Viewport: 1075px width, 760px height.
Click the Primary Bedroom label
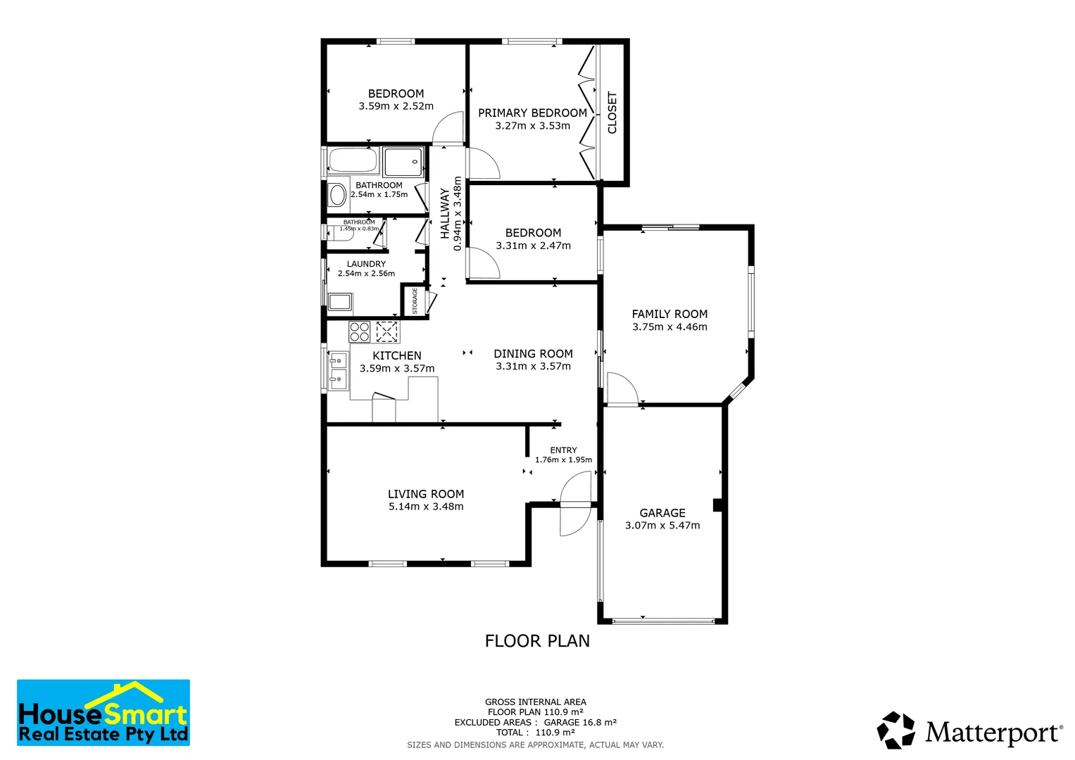532,113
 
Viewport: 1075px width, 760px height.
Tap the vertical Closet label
612,113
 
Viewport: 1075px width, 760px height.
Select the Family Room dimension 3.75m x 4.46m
669,327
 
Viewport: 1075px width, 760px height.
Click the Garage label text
662,513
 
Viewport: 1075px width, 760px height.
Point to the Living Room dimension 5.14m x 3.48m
426,507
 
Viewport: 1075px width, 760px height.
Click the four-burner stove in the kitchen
360,331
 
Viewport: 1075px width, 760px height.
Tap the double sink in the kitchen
339,371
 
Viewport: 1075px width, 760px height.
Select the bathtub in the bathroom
353,161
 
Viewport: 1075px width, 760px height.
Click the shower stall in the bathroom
403,162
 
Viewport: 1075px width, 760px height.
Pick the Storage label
415,300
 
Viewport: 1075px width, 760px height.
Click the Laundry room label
366,264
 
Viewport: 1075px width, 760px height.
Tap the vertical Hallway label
445,213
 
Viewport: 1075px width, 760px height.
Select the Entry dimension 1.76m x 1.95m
563,460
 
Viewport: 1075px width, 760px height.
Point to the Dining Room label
533,354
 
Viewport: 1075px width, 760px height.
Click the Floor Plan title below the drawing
537,641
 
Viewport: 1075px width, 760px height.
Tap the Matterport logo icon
896,730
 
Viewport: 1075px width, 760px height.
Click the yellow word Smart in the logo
146,715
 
